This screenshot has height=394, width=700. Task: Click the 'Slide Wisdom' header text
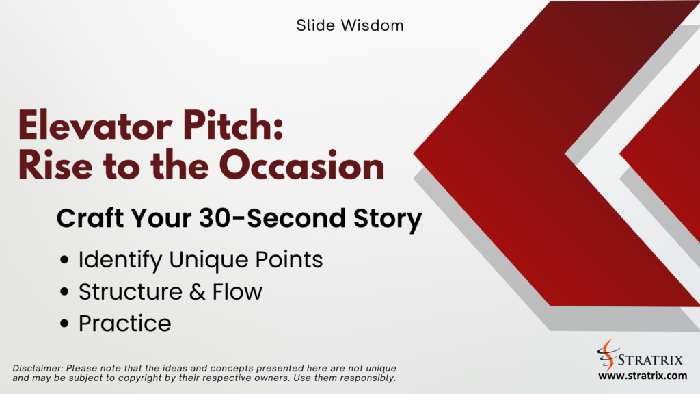pyautogui.click(x=350, y=26)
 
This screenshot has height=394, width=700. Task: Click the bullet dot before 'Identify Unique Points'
pyautogui.click(x=65, y=261)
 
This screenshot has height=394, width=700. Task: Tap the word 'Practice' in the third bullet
pyautogui.click(x=124, y=324)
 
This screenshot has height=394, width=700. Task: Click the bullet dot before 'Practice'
pyautogui.click(x=65, y=324)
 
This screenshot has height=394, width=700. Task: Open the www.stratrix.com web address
pyautogui.click(x=642, y=376)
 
